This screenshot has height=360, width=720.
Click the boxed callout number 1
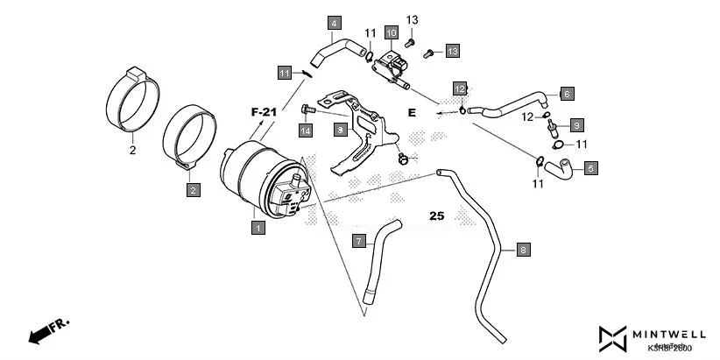click(x=258, y=228)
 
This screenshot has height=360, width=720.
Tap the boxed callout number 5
click(x=591, y=167)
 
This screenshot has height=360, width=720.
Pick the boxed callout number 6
click(x=567, y=93)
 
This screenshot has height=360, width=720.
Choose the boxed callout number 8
click(x=523, y=250)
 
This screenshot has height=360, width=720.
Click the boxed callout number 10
click(x=391, y=34)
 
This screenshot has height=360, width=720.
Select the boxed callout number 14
click(x=305, y=131)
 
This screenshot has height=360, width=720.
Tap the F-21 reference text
click(x=263, y=112)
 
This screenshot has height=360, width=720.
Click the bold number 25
click(x=437, y=215)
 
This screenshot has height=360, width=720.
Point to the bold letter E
click(x=412, y=112)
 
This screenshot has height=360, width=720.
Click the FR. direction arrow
click(x=48, y=330)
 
